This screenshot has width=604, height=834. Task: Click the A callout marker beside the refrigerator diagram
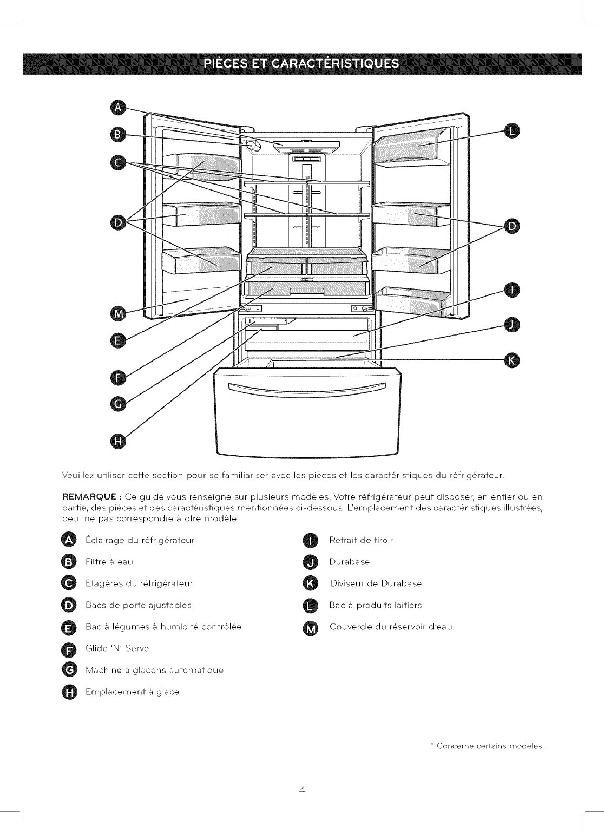[x=117, y=108]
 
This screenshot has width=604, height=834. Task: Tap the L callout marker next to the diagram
[x=511, y=130]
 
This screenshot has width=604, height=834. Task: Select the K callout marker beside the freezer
[x=511, y=359]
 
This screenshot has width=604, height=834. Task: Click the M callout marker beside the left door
[x=117, y=314]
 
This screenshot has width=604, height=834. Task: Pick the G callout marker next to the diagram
[x=117, y=404]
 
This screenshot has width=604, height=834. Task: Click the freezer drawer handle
[x=307, y=388]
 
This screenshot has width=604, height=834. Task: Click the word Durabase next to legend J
[x=350, y=562]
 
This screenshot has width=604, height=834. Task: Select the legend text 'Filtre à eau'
[x=109, y=562]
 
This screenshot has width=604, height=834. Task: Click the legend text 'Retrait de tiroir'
[x=361, y=540]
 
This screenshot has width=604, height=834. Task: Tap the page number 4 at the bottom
[x=302, y=790]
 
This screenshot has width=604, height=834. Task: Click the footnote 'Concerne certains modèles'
[x=489, y=746]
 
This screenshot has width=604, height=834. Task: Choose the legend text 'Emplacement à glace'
[x=132, y=692]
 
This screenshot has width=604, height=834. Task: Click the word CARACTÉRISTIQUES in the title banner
[x=335, y=64]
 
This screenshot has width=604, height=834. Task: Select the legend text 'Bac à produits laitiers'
[x=376, y=605]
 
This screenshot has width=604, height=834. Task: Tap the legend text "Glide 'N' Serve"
[x=117, y=648]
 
